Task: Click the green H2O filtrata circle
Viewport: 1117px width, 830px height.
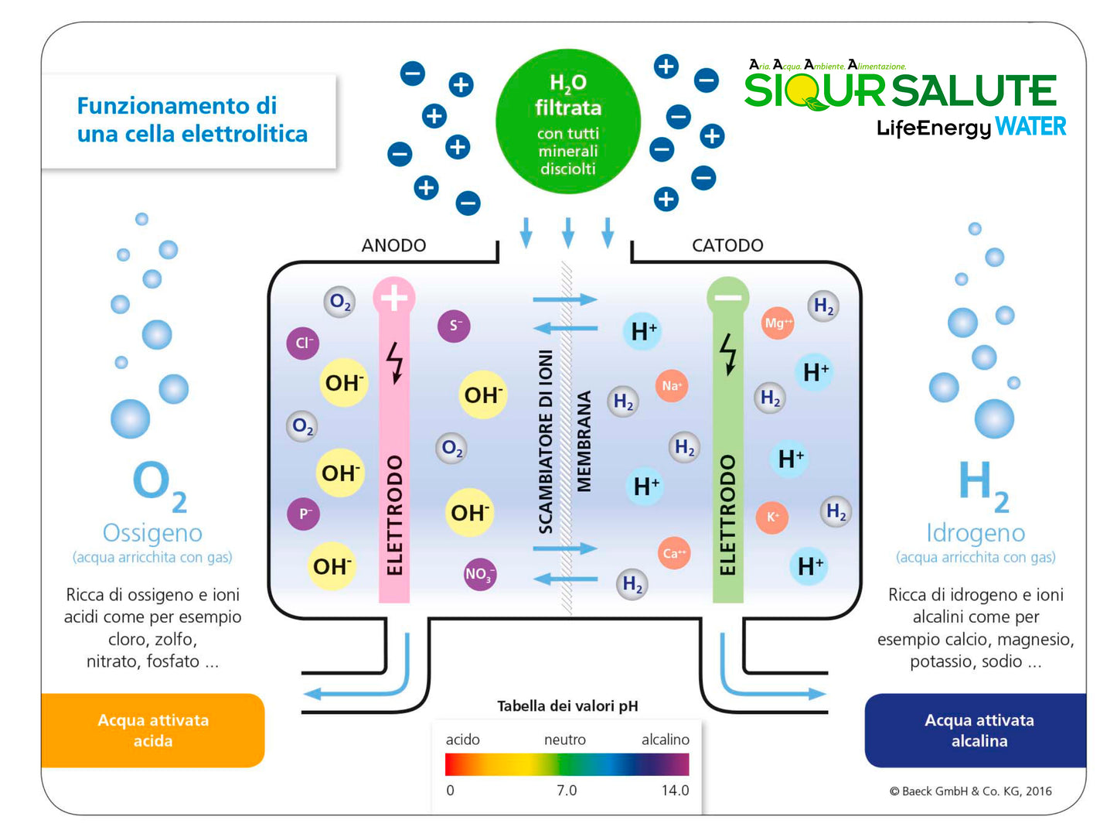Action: pos(568,121)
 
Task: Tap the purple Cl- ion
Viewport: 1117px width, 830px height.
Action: pos(302,343)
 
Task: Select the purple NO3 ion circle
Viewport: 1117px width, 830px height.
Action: pos(479,574)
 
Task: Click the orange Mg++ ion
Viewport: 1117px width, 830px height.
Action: pos(778,323)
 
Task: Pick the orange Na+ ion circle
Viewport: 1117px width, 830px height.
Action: pos(671,385)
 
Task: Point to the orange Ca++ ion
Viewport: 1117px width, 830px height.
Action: pos(674,553)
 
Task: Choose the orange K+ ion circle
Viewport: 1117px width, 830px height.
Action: pos(772,517)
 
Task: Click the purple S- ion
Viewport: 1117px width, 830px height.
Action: pos(454,326)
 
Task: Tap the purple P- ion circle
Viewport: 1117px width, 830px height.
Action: pos(304,513)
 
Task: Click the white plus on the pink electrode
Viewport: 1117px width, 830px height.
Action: pos(394,297)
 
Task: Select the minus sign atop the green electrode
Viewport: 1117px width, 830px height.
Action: pos(727,297)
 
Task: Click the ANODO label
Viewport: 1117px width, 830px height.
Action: pos(393,245)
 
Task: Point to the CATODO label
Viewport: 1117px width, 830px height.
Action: pos(727,245)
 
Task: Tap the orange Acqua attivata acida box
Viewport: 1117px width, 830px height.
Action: pos(153,730)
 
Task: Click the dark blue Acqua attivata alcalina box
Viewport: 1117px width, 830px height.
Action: pos(979,730)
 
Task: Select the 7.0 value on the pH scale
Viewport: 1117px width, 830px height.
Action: pos(567,790)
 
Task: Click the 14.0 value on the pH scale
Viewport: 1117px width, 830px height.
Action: pos(675,790)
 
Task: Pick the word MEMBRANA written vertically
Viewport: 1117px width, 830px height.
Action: pos(584,441)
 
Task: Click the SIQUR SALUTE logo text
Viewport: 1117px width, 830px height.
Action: pos(900,91)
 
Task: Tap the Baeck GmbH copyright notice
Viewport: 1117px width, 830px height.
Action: pos(970,791)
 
